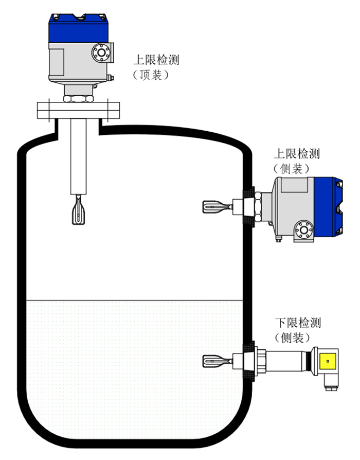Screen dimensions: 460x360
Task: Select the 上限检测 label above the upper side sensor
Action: coord(298,154)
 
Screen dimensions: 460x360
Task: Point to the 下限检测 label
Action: coord(298,323)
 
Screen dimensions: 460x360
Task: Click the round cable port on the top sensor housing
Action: coord(101,52)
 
